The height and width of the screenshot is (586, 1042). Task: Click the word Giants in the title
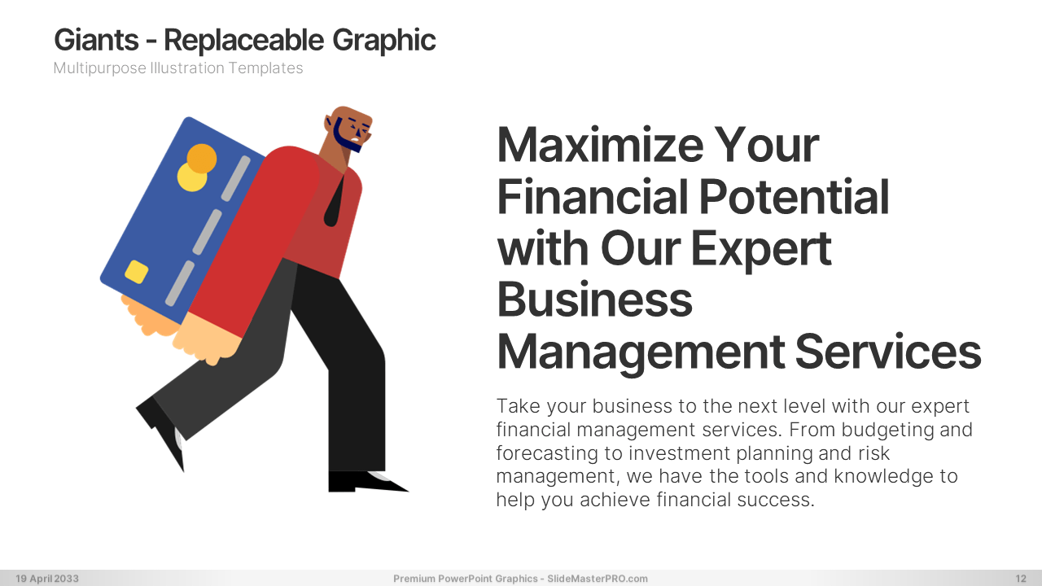[x=96, y=40]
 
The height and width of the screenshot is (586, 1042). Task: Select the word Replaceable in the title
[x=243, y=40]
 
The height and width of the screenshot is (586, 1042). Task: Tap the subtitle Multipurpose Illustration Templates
[x=178, y=68]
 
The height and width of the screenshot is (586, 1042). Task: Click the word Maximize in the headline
[x=600, y=145]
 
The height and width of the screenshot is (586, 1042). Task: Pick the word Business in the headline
[x=595, y=300]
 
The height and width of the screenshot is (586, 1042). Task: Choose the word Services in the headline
[x=888, y=352]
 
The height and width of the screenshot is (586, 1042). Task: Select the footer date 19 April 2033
[x=47, y=579]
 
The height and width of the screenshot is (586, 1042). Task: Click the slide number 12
[x=1021, y=579]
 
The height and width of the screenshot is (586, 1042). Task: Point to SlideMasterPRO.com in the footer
[x=598, y=579]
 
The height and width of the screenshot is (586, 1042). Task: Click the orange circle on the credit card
[x=202, y=159]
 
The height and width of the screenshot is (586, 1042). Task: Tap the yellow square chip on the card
[x=136, y=272]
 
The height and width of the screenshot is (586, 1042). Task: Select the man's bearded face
[x=349, y=129]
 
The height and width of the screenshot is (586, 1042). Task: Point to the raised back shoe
[x=163, y=429]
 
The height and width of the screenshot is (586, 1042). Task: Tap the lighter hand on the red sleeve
[x=206, y=338]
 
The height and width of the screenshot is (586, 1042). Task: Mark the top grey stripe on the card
[x=236, y=178]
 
